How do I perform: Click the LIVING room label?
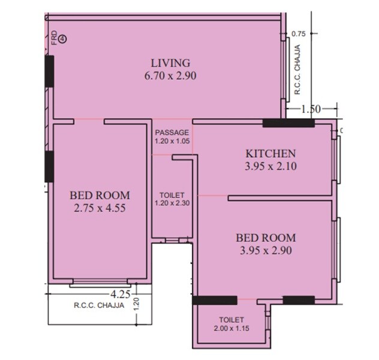click(x=170, y=62)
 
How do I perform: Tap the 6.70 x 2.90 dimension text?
click(x=170, y=76)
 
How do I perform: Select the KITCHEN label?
click(x=263, y=152)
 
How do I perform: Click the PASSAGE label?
click(x=172, y=133)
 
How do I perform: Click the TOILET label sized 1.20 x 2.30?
click(x=172, y=195)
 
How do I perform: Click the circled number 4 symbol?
click(x=62, y=38)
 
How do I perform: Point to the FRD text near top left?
click(x=54, y=37)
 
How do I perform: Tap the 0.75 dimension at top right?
click(x=299, y=34)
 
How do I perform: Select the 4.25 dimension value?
click(x=121, y=294)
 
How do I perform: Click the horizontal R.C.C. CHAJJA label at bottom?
click(x=99, y=305)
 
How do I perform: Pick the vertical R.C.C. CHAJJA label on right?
click(x=297, y=71)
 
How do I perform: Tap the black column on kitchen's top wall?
click(x=288, y=124)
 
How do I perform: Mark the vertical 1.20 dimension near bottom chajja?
click(x=136, y=304)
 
